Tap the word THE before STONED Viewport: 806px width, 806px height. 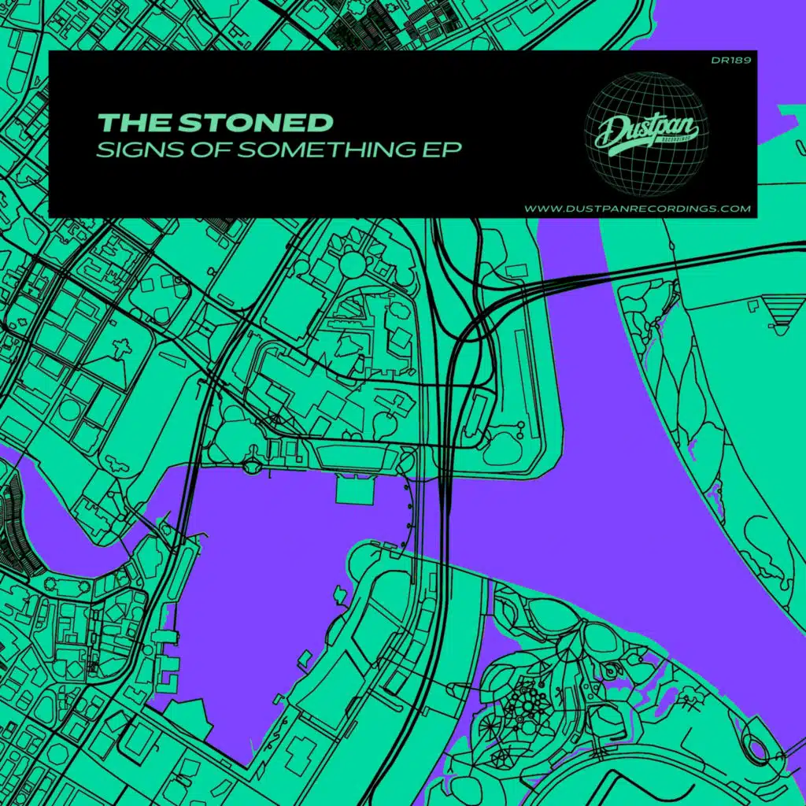pyautogui.click(x=134, y=122)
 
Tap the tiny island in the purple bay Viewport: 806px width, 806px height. pyautogui.click(x=339, y=590)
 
